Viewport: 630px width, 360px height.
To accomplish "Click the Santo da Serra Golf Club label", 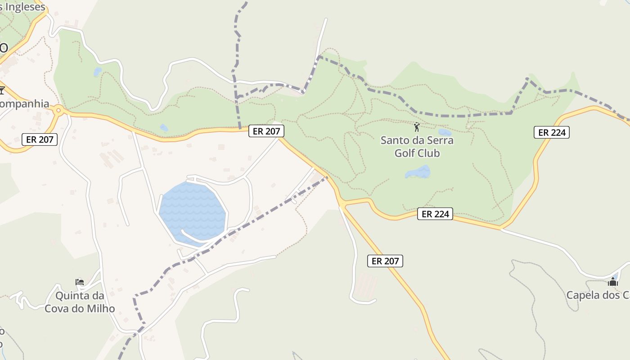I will (417, 147).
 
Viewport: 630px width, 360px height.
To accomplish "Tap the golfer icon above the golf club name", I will (417, 127).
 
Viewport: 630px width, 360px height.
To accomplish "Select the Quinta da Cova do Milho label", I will (80, 302).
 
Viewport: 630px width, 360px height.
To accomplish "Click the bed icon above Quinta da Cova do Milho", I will (80, 282).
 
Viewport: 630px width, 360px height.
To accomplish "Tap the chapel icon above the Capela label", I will (612, 282).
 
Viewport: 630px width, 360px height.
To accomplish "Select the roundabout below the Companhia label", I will (58, 110).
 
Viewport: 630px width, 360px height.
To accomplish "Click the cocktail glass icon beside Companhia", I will (1, 90).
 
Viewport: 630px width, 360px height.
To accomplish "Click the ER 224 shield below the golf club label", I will (435, 214).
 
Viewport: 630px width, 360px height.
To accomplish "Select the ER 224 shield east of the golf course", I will (552, 132).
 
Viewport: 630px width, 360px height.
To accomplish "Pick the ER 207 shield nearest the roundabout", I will (40, 139).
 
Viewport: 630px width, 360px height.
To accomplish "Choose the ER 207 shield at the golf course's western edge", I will (266, 131).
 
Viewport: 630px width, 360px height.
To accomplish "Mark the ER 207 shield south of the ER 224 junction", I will (385, 261).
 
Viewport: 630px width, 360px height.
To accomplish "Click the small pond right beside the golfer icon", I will (445, 132).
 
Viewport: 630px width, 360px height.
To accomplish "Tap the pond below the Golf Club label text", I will (418, 172).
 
